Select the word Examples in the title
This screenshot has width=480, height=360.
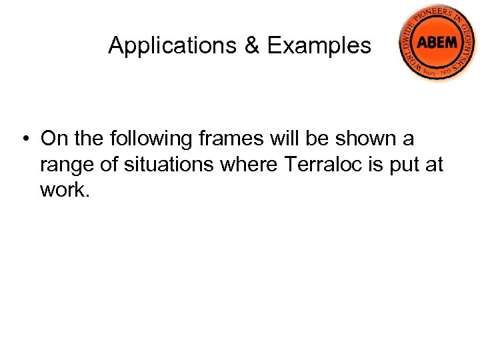tap(319, 45)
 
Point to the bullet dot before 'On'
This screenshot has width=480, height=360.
tap(24, 139)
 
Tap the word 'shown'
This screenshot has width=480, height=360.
tap(367, 139)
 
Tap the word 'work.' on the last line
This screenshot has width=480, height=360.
tap(64, 189)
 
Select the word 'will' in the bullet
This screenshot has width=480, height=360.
tap(283, 139)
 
